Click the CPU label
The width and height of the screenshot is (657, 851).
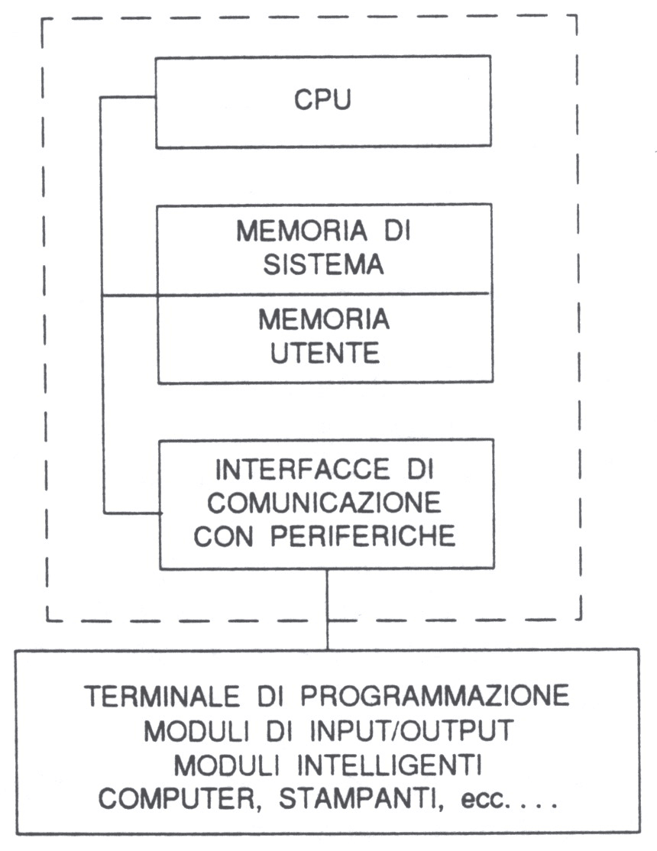pos(322,100)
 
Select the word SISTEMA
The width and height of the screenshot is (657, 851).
pos(324,264)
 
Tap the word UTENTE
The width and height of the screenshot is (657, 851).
pos(325,353)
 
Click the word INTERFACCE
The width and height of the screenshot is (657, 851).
pos(302,470)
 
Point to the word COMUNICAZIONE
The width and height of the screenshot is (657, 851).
pos(324,503)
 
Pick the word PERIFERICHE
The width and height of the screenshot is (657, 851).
pos(363,536)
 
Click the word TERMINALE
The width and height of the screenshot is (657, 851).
pos(162,697)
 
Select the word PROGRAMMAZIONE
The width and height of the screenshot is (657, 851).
pos(435,697)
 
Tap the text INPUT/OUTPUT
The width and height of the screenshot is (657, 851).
pos(412,730)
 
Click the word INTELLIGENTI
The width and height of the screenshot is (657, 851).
pos(390,765)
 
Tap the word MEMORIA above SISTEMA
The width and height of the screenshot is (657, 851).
pos(302,231)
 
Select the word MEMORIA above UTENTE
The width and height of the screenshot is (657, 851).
pos(324,319)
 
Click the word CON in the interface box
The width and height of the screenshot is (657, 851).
pos(223,536)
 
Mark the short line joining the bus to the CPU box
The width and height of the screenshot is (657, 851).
pos(128,98)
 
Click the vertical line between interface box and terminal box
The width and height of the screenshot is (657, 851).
pos(327,608)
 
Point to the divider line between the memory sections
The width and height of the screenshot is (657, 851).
pos(296,295)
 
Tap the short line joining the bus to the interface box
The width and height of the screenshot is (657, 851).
pos(132,513)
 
